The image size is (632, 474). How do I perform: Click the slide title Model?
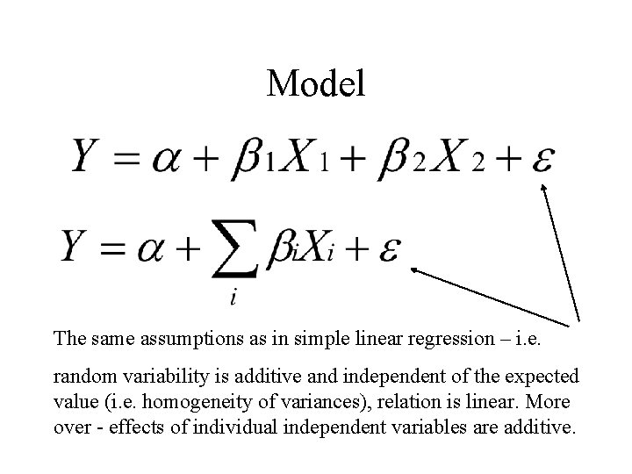315,84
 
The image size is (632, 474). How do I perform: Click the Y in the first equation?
91,159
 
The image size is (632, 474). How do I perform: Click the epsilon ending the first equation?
542,161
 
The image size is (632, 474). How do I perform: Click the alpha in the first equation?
166,161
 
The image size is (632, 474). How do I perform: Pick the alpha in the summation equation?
154,250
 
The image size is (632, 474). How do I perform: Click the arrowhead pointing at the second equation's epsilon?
414,271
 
